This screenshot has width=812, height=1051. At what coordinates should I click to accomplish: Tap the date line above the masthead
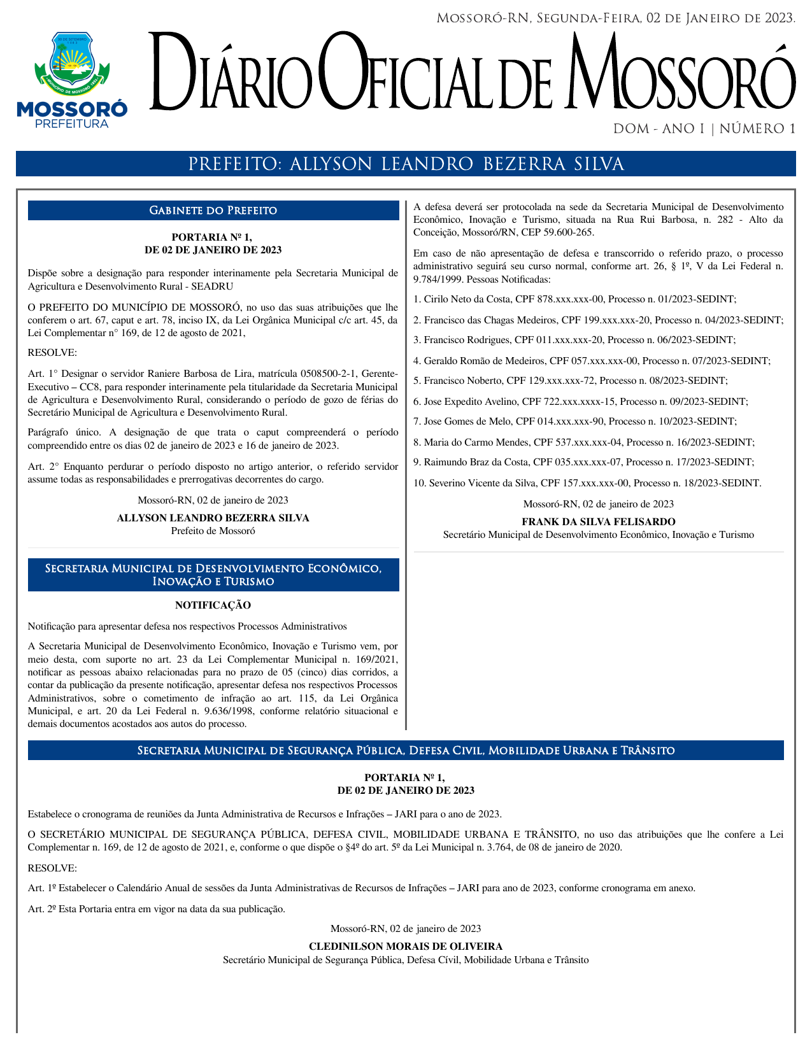[615, 18]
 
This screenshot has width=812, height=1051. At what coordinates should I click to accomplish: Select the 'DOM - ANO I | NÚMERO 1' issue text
[704, 129]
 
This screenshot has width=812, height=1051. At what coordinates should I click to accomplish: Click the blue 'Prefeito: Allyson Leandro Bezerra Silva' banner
[406, 164]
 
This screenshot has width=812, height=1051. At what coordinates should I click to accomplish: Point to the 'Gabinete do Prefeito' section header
[213, 211]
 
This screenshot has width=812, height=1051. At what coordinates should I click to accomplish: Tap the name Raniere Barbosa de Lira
[195, 374]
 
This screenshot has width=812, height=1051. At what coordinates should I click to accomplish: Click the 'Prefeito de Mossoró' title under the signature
[213, 531]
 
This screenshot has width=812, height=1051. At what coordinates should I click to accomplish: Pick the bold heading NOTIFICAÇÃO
[213, 605]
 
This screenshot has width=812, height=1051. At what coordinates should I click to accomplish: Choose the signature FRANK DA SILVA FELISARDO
[598, 522]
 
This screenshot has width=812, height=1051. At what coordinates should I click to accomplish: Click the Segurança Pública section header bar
[406, 751]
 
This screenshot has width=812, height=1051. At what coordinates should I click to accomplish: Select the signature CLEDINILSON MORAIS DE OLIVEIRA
[406, 947]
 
